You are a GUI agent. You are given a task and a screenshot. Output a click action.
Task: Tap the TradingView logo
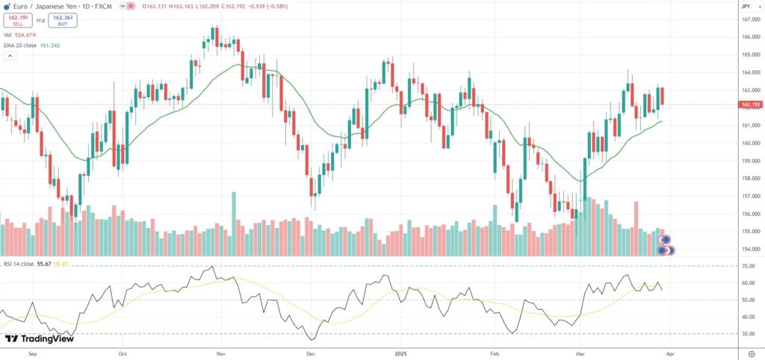pos(39,338)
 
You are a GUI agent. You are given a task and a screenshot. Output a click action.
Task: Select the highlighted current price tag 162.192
pos(750,105)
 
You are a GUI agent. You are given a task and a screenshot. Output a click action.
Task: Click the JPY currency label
pos(745,6)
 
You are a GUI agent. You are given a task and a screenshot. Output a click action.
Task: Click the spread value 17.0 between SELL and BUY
pos(40,20)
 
